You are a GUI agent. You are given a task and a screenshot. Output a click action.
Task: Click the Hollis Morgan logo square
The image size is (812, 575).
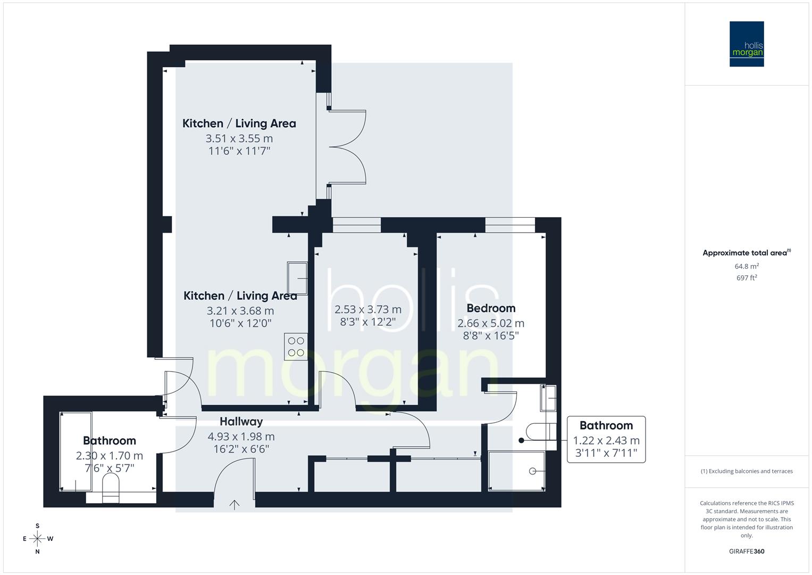(x=747, y=44)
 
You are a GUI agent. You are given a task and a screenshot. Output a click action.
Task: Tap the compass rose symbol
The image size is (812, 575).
(x=37, y=539)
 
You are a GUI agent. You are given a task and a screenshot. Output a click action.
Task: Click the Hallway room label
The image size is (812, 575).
(x=241, y=422)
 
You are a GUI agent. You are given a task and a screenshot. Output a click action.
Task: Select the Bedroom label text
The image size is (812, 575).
(x=491, y=308)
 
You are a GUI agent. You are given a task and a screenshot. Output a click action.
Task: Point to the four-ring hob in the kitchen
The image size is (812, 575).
(x=296, y=347)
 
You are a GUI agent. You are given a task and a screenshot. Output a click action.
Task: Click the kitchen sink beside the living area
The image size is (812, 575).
(x=297, y=278)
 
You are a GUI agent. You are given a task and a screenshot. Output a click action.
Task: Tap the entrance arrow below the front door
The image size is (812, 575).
(x=235, y=505)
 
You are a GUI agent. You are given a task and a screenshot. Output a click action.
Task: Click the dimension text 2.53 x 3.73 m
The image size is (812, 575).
(x=368, y=309)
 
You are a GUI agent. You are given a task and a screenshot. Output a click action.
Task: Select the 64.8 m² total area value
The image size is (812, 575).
(x=747, y=266)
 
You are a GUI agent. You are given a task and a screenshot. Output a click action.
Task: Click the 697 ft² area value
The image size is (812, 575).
(x=747, y=278)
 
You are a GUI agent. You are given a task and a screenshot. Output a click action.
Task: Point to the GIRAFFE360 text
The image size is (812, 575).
(x=747, y=551)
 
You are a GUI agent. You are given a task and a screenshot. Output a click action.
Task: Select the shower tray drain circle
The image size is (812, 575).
(x=532, y=471)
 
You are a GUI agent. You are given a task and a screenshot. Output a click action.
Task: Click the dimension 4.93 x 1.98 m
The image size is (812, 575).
(x=241, y=437)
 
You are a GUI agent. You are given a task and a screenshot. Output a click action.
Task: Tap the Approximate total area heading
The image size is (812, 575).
(x=747, y=253)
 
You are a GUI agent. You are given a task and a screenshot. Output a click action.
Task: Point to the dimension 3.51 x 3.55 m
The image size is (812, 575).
(x=239, y=138)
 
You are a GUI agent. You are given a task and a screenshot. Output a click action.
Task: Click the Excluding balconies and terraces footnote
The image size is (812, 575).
(x=747, y=471)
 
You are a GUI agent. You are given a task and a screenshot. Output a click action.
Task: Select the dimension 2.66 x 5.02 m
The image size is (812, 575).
(x=491, y=323)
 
